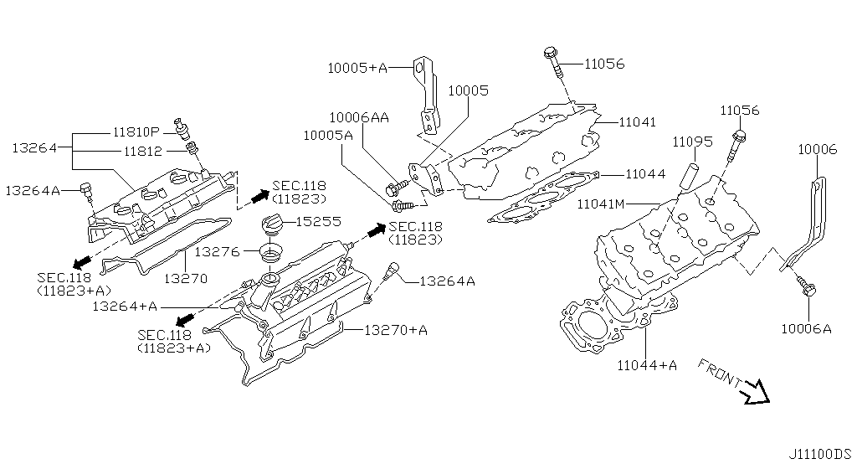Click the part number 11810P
[136, 132]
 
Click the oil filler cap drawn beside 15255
[272, 227]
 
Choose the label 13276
[217, 250]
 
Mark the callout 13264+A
[125, 307]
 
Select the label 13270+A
[395, 330]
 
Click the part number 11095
[692, 142]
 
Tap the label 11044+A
[647, 364]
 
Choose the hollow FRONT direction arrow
[757, 391]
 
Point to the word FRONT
[718, 374]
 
